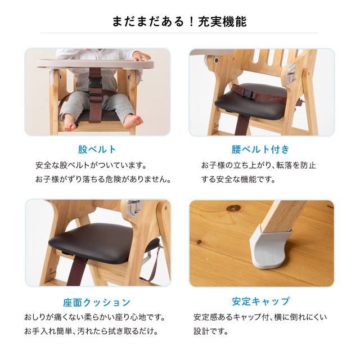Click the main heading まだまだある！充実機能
(x=179, y=21)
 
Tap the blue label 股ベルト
(x=97, y=150)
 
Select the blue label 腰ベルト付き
(x=260, y=150)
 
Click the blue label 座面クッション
(x=97, y=303)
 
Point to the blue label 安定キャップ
(x=261, y=301)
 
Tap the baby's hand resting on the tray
(x=141, y=56)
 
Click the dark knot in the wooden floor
(x=233, y=208)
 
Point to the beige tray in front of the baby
(x=94, y=64)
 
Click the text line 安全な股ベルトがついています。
(x=91, y=165)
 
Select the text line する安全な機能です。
(x=238, y=179)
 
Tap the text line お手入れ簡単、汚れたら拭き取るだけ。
(x=91, y=331)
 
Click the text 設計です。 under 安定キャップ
(x=211, y=331)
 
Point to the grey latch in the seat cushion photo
(x=135, y=208)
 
